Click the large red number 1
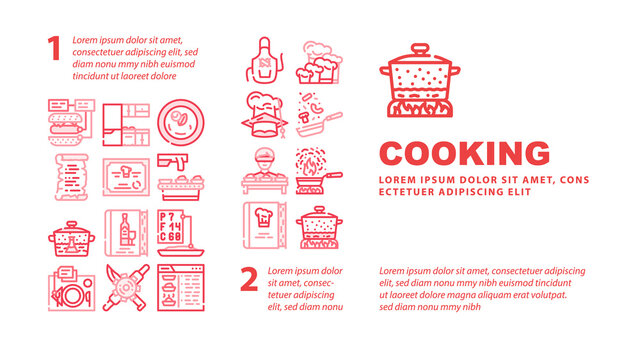pyautogui.click(x=54, y=48)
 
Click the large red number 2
pyautogui.click(x=249, y=279)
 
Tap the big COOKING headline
pyautogui.click(x=464, y=153)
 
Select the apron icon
pyautogui.click(x=264, y=60)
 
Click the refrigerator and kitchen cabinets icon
pyautogui.click(x=126, y=124)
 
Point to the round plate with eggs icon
pyautogui.click(x=180, y=122)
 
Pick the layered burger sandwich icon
pyautogui.click(x=71, y=122)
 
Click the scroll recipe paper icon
pyautogui.click(x=71, y=177)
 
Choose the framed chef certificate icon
pyautogui.click(x=126, y=177)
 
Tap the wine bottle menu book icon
pyautogui.click(x=126, y=233)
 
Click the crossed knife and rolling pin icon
pyautogui.click(x=126, y=287)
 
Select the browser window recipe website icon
pyautogui.click(x=181, y=287)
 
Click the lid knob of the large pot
pyautogui.click(x=420, y=49)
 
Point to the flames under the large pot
pyautogui.click(x=420, y=109)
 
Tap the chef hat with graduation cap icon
pyautogui.click(x=264, y=115)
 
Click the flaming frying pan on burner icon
pyautogui.click(x=319, y=171)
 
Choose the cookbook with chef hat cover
pyautogui.click(x=264, y=225)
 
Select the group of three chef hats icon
pyautogui.click(x=319, y=62)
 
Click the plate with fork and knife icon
pyautogui.click(x=71, y=288)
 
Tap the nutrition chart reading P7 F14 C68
pyautogui.click(x=180, y=233)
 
